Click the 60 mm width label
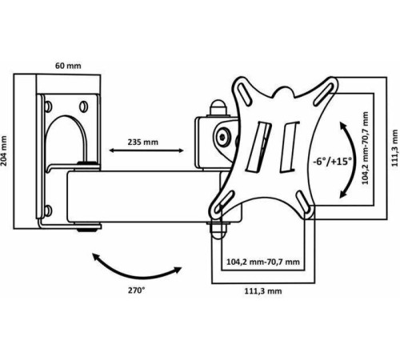pos(68,66)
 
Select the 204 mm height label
pos(4,150)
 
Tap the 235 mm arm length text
pos(142,142)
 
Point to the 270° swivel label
pos(137,290)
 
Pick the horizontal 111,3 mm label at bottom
pos(263,291)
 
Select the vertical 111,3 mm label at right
pos(395,148)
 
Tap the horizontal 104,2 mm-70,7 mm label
pos(263,262)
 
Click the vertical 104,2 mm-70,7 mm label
pos(365,148)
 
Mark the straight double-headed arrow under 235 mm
pos(146,150)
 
